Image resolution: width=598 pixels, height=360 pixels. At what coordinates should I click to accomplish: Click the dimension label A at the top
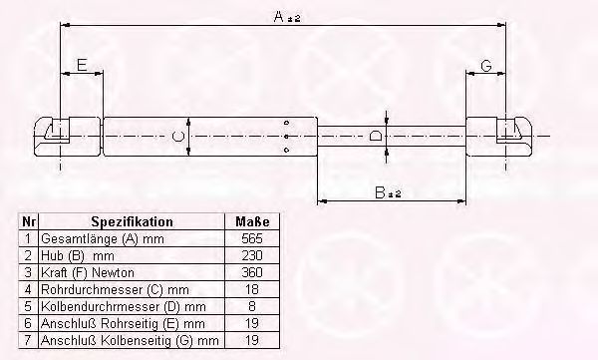point(287,16)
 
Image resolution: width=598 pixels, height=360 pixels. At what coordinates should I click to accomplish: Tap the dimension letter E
point(82,65)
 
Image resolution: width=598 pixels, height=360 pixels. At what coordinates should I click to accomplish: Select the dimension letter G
point(486,66)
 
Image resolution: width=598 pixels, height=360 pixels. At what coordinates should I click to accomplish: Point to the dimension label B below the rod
point(388,192)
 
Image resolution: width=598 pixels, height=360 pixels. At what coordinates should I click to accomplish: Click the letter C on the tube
point(178,136)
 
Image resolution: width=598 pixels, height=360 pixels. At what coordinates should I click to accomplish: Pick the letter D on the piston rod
point(376,136)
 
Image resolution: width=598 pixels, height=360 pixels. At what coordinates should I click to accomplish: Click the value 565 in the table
point(252,238)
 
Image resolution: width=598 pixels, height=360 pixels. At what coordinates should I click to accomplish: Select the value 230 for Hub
point(252,255)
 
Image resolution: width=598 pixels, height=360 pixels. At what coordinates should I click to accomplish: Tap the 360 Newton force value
point(252,272)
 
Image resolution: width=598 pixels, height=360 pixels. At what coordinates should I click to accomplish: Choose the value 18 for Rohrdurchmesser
point(252,289)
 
